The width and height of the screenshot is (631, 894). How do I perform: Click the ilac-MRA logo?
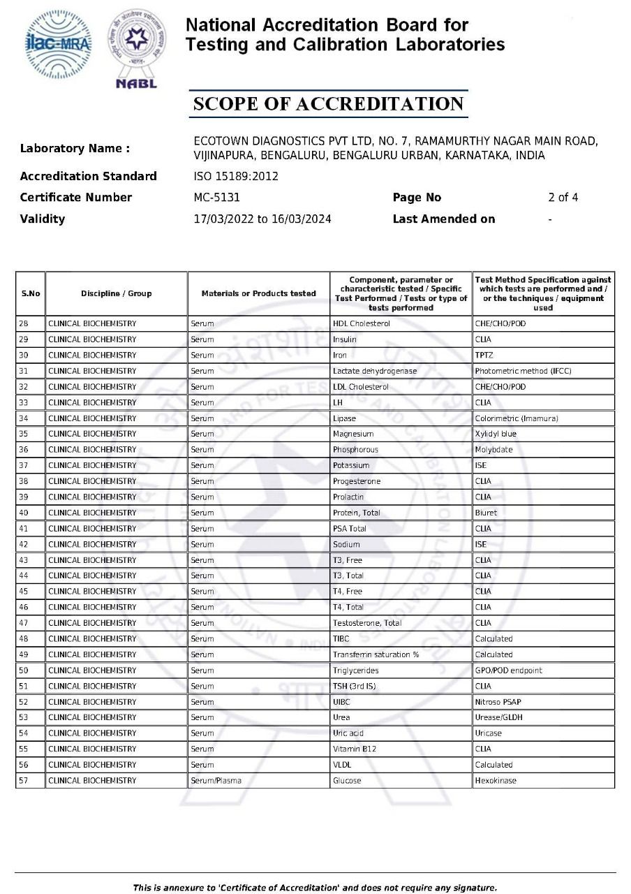58,44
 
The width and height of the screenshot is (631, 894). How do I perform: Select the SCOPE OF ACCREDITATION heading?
328,104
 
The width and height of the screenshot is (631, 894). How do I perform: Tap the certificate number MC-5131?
216,198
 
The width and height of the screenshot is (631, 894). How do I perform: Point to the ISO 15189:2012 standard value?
236,176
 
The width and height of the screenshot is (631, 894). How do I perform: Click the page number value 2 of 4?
563,198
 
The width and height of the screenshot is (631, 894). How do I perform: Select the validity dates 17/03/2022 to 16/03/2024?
262,219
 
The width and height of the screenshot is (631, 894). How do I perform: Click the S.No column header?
30,293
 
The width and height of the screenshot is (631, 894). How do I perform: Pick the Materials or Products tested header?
258,293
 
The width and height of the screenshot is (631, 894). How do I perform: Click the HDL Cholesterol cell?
361,323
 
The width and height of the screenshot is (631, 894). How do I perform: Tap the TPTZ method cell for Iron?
484,355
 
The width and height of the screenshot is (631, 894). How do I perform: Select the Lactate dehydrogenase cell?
374,371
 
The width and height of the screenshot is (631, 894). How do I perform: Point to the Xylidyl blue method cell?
496,434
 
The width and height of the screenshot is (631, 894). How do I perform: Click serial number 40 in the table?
24,513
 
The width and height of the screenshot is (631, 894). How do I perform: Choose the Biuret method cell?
486,513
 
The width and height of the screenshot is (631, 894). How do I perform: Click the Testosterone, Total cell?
367,623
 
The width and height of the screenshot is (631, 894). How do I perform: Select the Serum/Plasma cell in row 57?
216,780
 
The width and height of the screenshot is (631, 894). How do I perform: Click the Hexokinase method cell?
496,780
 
